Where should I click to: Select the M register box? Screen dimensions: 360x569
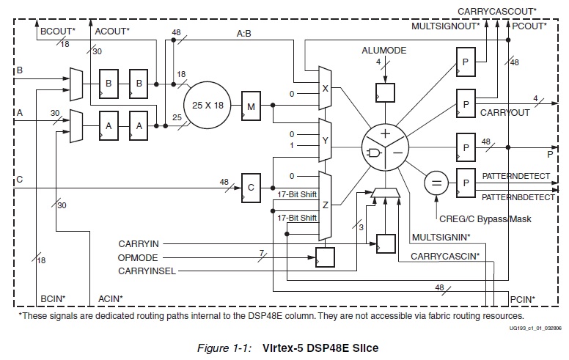coord(251,107)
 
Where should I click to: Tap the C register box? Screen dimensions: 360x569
coord(250,188)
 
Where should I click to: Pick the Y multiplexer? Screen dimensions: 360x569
coord(325,139)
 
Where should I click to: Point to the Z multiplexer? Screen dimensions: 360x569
coord(325,206)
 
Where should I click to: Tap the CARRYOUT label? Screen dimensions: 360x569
coord(505,113)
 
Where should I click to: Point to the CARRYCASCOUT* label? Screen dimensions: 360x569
coord(497,12)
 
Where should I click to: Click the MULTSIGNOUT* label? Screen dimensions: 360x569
coord(445,26)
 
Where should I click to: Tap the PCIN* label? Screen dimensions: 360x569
coord(523,298)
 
